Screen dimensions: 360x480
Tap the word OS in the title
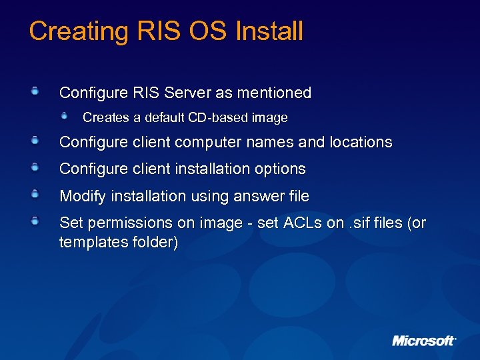click(206, 31)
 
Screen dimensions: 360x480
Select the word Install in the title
click(269, 31)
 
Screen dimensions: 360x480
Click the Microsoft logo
click(424, 340)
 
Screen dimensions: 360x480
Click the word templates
click(89, 242)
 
